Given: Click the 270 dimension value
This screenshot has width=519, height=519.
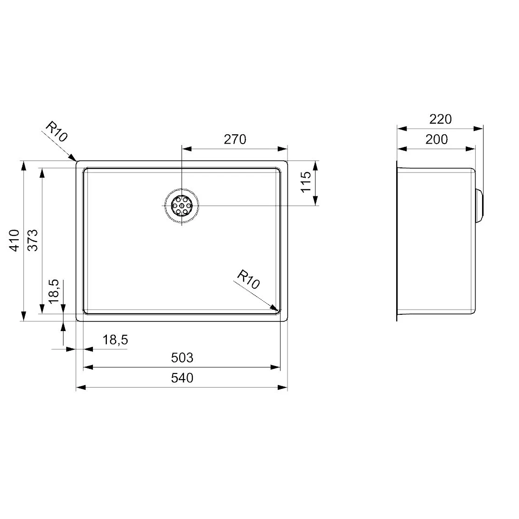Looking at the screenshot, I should (x=235, y=139).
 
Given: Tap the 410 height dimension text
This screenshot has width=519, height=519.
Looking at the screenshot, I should (x=15, y=240).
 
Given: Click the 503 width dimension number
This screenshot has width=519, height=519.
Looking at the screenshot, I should (x=182, y=358).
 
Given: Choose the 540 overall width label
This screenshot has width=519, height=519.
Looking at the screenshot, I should (x=182, y=378).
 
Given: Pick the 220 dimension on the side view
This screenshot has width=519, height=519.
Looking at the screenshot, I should (x=441, y=119).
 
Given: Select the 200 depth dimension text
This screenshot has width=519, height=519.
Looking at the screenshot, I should (x=436, y=139).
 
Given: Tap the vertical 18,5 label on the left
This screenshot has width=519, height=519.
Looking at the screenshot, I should (x=53, y=291).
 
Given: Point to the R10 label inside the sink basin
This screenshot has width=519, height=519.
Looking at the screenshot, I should (x=248, y=280).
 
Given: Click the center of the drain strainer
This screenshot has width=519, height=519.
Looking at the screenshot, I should (x=182, y=206).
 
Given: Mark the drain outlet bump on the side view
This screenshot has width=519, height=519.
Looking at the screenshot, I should (x=480, y=206).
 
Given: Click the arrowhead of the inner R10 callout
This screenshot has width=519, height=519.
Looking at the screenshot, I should (x=276, y=309).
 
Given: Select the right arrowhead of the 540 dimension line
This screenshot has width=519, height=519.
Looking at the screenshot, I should (x=284, y=387).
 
